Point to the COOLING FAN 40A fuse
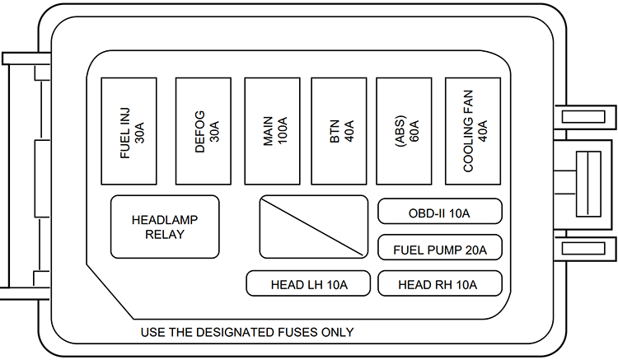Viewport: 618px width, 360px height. [x=473, y=131]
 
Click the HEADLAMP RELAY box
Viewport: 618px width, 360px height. [x=165, y=227]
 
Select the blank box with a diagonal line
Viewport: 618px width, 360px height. [x=313, y=227]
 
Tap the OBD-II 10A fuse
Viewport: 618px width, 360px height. [x=439, y=212]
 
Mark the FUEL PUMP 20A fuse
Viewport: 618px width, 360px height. [x=439, y=248]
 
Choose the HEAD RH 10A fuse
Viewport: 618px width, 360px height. [x=439, y=284]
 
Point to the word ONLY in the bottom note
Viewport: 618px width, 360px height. [x=338, y=333]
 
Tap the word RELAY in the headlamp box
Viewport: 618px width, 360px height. [x=165, y=235]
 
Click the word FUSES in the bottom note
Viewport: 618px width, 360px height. [x=299, y=333]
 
